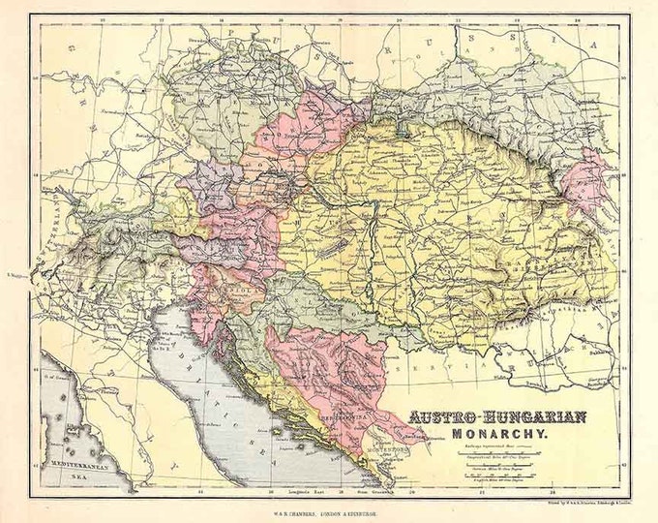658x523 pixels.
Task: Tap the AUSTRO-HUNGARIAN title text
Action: pos(497,418)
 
